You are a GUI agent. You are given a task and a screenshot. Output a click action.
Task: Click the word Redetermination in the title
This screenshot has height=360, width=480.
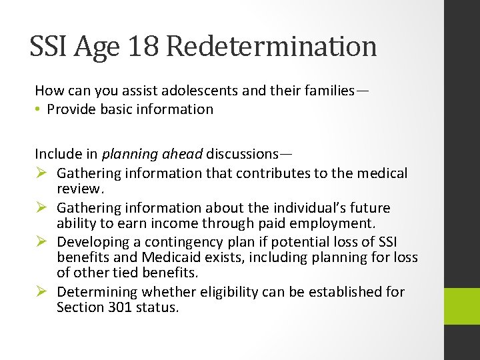271,47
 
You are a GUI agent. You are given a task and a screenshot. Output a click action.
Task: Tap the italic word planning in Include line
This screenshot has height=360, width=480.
129,154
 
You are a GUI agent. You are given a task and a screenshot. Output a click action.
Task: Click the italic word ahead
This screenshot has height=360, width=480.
181,154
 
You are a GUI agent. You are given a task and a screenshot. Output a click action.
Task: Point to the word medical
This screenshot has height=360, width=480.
381,173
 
